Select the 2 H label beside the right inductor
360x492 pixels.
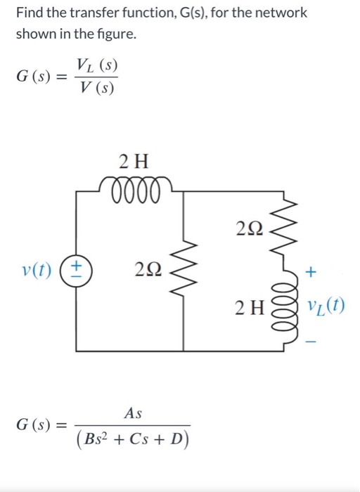[x=252, y=306]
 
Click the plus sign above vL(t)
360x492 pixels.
[x=312, y=271]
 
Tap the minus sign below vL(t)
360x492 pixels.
[x=312, y=342]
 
